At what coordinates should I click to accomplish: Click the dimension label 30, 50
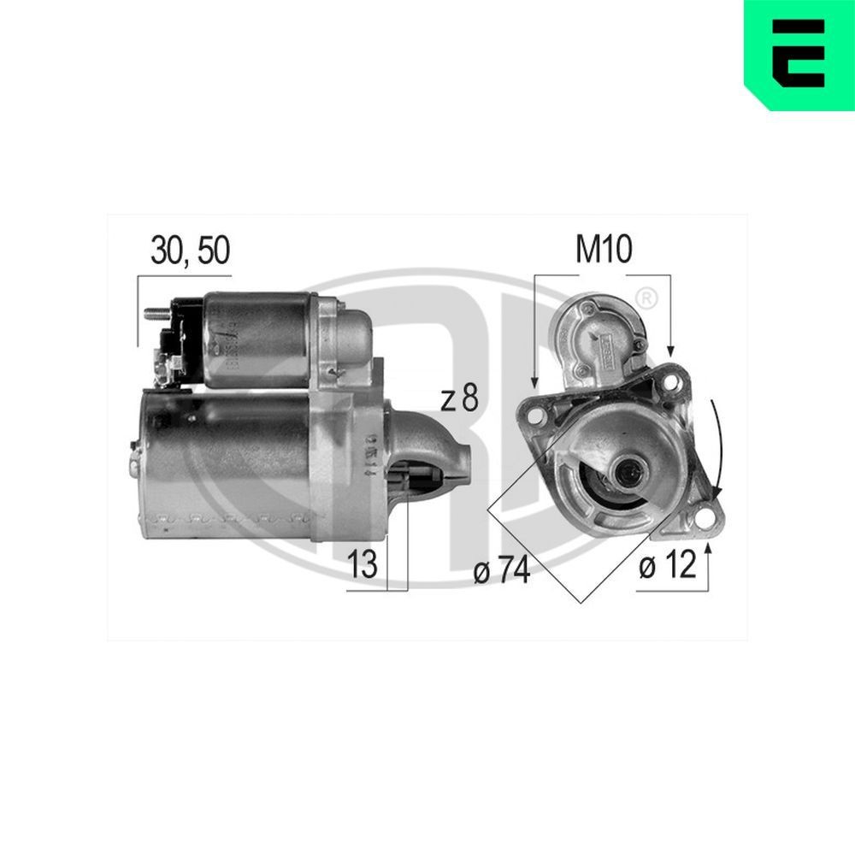click(x=190, y=251)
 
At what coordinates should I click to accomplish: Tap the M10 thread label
click(x=603, y=250)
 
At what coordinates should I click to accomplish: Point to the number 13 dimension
click(x=363, y=564)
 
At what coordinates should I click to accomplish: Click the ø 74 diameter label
click(x=502, y=571)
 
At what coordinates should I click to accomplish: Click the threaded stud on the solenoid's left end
click(x=154, y=313)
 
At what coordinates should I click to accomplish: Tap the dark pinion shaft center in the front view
click(x=633, y=469)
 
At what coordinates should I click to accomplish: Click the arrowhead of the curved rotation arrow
click(x=717, y=493)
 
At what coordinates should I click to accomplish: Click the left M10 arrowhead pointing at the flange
click(x=534, y=381)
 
